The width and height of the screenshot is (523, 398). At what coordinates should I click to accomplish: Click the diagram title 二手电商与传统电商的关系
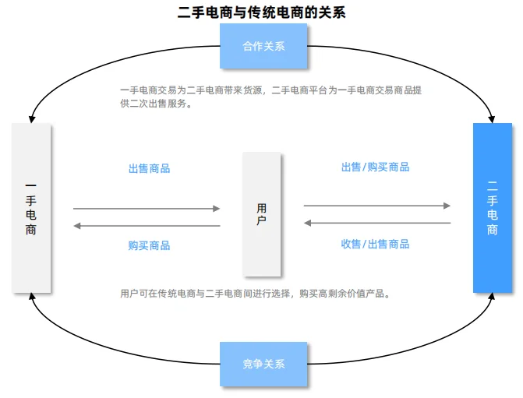[261, 12]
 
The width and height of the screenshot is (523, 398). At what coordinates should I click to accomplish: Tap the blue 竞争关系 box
[263, 364]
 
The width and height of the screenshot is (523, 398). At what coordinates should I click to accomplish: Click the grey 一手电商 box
[31, 208]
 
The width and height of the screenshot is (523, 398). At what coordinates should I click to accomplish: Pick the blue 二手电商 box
[493, 208]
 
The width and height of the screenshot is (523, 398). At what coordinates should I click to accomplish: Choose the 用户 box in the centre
[261, 214]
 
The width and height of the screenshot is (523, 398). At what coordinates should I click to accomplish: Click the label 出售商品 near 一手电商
[149, 168]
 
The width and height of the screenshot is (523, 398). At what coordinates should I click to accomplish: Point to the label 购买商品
[149, 245]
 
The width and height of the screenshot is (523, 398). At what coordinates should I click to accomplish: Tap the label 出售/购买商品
[375, 167]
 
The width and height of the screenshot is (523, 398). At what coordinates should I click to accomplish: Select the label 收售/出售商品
[375, 244]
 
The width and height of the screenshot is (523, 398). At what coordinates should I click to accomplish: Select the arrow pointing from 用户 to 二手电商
[377, 206]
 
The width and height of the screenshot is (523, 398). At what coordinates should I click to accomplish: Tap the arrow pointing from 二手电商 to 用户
[377, 223]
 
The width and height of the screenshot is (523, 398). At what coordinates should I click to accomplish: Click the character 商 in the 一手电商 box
[30, 231]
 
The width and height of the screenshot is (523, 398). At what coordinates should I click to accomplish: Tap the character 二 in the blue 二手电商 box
[493, 185]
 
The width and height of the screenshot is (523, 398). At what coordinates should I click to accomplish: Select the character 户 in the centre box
[261, 221]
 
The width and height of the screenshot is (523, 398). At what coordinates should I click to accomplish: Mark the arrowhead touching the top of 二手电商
[492, 118]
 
